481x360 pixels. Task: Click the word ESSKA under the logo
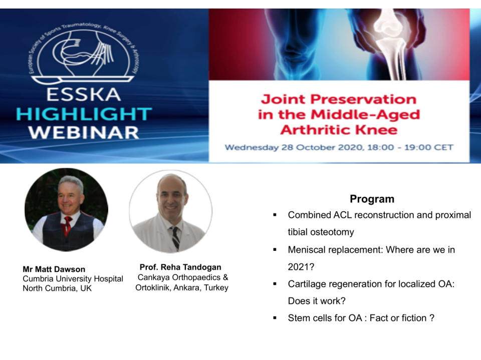pyautogui.click(x=84, y=95)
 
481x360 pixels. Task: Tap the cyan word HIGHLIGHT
pyautogui.click(x=84, y=114)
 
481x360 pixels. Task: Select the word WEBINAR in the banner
pyautogui.click(x=84, y=133)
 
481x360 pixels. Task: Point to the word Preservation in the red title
pyautogui.click(x=364, y=99)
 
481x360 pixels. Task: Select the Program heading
pyautogui.click(x=372, y=199)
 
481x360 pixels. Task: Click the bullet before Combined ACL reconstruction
pyautogui.click(x=275, y=215)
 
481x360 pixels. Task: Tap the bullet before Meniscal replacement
pyautogui.click(x=275, y=250)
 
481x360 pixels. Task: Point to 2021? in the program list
pyautogui.click(x=301, y=267)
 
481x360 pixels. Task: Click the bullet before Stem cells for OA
pyautogui.click(x=275, y=318)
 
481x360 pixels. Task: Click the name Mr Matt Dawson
pyautogui.click(x=54, y=269)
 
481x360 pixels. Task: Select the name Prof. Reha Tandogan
pyautogui.click(x=180, y=267)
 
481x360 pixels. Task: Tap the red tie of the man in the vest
pyautogui.click(x=67, y=226)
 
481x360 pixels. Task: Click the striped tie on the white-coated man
pyautogui.click(x=175, y=238)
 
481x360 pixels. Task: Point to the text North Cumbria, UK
pyautogui.click(x=57, y=288)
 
